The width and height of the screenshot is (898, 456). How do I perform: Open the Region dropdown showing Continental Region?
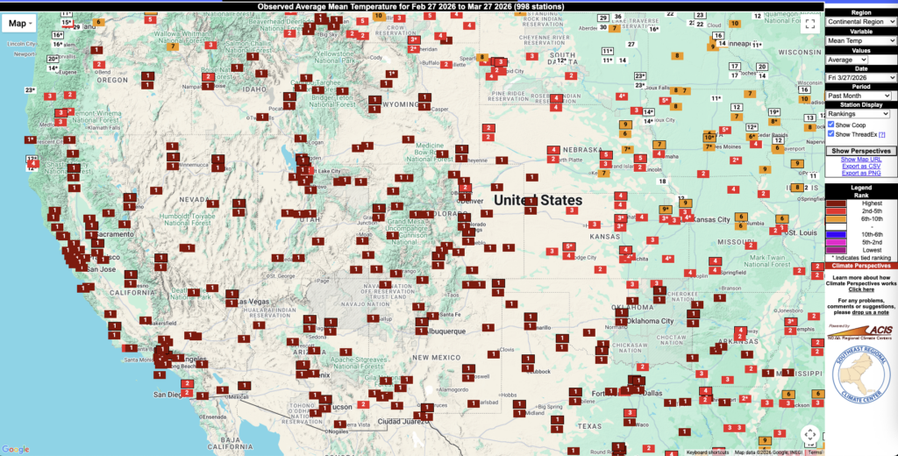pyautogui.click(x=861, y=21)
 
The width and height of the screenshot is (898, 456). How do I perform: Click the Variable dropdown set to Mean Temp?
pyautogui.click(x=861, y=40)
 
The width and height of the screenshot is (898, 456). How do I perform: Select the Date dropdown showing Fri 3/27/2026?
pyautogui.click(x=861, y=77)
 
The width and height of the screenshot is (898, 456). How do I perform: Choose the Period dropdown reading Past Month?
pyautogui.click(x=861, y=96)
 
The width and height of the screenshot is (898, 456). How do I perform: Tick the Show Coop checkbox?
pyautogui.click(x=831, y=125)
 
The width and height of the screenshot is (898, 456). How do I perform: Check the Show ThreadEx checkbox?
pyautogui.click(x=831, y=134)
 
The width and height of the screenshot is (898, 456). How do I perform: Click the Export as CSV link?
pyautogui.click(x=861, y=166)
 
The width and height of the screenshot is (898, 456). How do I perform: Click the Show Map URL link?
pyautogui.click(x=861, y=160)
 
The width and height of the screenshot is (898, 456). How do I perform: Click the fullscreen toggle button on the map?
pyautogui.click(x=809, y=25)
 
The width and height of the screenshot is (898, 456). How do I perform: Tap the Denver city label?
pyautogui.click(x=473, y=201)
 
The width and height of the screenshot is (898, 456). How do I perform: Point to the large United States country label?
pyautogui.click(x=538, y=200)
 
